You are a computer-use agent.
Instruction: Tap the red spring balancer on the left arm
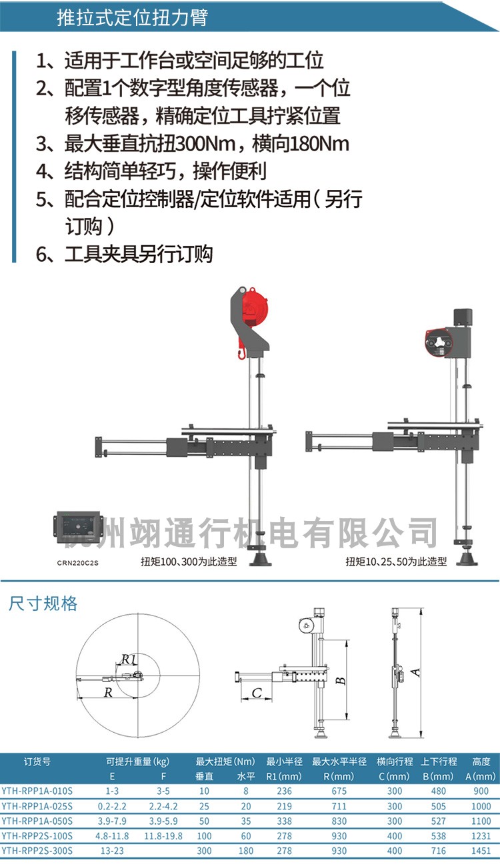click(254, 309)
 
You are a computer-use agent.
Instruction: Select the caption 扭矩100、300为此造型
click(189, 561)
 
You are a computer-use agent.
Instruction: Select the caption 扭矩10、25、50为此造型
click(396, 561)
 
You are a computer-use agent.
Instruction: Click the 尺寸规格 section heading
click(43, 604)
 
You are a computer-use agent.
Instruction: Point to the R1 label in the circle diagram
click(128, 659)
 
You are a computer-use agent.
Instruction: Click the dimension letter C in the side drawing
click(257, 693)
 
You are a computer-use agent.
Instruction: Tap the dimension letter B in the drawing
click(340, 681)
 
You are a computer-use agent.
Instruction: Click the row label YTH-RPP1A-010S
click(37, 791)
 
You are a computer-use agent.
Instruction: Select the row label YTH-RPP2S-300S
click(37, 850)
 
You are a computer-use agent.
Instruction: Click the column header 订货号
click(37, 761)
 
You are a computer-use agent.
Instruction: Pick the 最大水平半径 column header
click(339, 761)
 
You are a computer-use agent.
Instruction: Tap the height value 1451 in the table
click(481, 850)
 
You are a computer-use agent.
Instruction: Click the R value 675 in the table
click(339, 791)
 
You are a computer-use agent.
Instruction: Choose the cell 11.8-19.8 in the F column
click(163, 835)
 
